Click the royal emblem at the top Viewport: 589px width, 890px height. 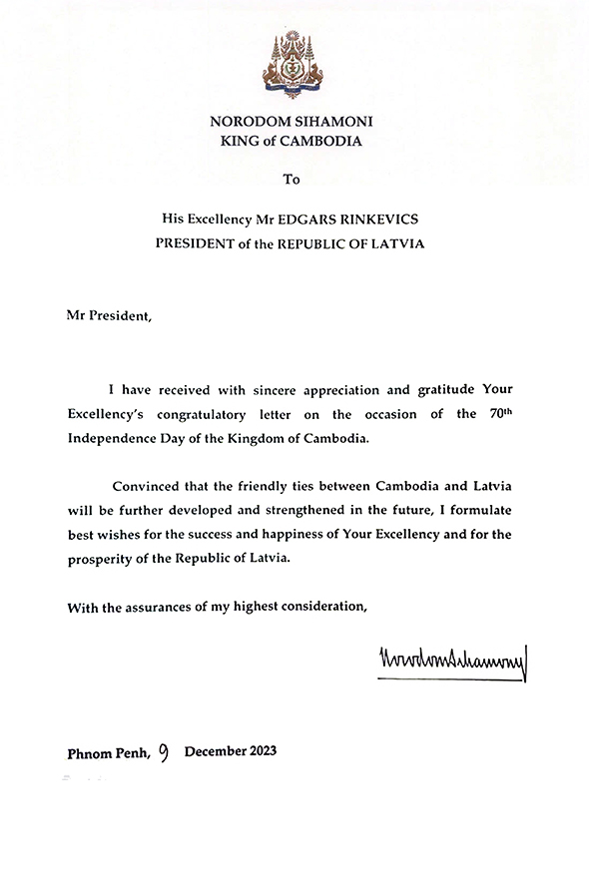[x=294, y=65]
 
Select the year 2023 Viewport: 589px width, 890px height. [x=259, y=750]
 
